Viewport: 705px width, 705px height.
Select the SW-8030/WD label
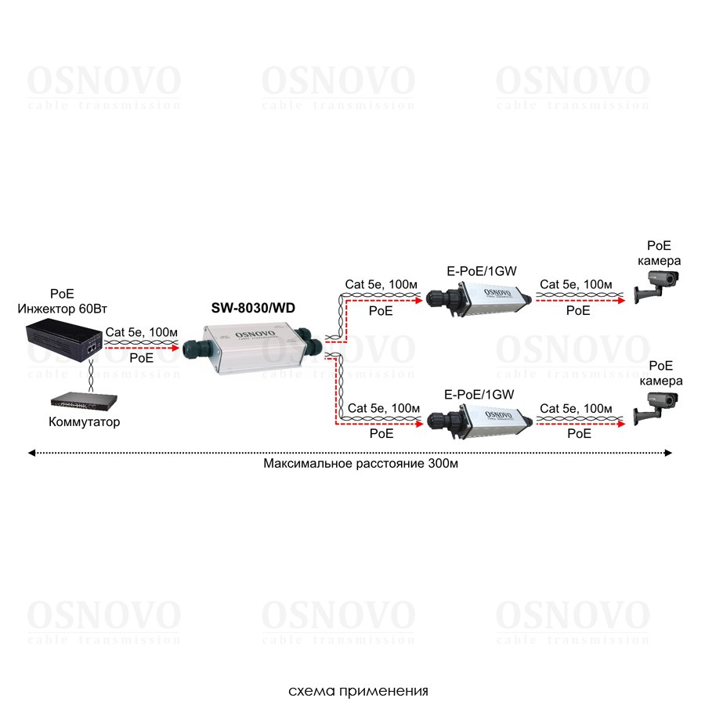pyautogui.click(x=253, y=308)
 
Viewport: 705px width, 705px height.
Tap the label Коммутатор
pyautogui.click(x=85, y=423)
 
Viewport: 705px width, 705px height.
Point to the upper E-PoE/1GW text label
pyautogui.click(x=479, y=270)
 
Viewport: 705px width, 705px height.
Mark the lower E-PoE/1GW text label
pyautogui.click(x=479, y=394)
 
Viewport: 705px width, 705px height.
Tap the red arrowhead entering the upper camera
pyautogui.click(x=623, y=299)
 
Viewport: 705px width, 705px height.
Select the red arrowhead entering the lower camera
pyautogui.click(x=623, y=423)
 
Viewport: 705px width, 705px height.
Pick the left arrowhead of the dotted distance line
pyautogui.click(x=31, y=452)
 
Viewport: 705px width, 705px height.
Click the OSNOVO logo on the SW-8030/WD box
pyautogui.click(x=249, y=327)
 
